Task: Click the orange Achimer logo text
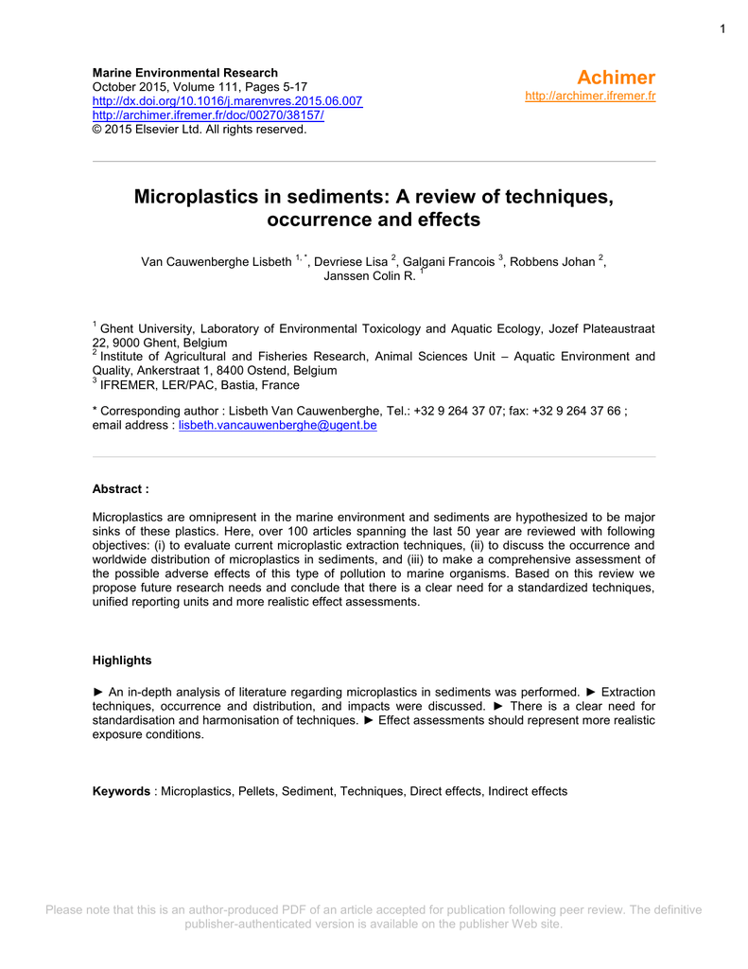coord(617,78)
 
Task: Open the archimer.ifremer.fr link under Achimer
coord(590,96)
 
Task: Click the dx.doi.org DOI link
coord(227,101)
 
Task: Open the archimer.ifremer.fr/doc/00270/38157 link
coord(208,115)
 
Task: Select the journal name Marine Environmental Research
coord(185,73)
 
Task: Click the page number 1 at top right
coord(722,29)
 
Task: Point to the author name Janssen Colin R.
coord(369,276)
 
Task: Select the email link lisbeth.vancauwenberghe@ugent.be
coord(278,426)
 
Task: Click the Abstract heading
coord(120,489)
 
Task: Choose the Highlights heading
coord(122,660)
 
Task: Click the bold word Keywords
coord(121,791)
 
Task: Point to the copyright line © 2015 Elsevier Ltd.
coord(199,130)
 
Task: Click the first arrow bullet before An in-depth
coord(98,692)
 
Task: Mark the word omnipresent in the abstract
coord(227,518)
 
